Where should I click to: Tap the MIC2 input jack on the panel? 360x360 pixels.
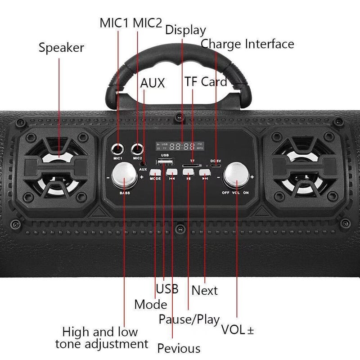point(136,148)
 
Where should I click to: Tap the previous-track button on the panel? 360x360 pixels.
point(172,171)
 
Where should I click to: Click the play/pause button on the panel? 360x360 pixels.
point(189,171)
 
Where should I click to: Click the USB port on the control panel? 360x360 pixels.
point(164,162)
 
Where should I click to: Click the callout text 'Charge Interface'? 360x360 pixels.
point(247,44)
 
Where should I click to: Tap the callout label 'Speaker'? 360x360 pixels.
point(61,47)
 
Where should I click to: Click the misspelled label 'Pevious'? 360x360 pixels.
point(179,348)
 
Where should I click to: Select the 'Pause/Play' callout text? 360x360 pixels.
point(189,319)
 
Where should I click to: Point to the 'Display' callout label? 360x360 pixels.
point(185,30)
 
